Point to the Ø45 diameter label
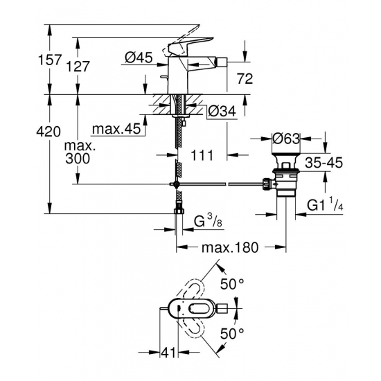139,60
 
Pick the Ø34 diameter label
221,109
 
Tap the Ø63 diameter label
285,139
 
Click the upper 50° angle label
232,283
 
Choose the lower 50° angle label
232,332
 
